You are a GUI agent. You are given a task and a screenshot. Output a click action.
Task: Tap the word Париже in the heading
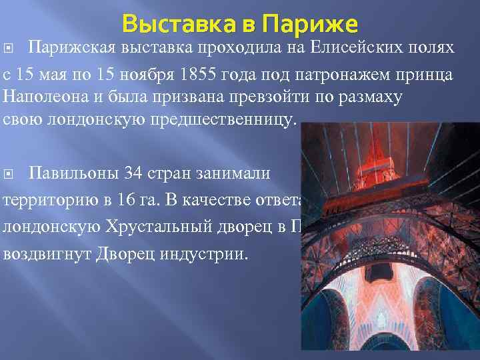311,25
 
